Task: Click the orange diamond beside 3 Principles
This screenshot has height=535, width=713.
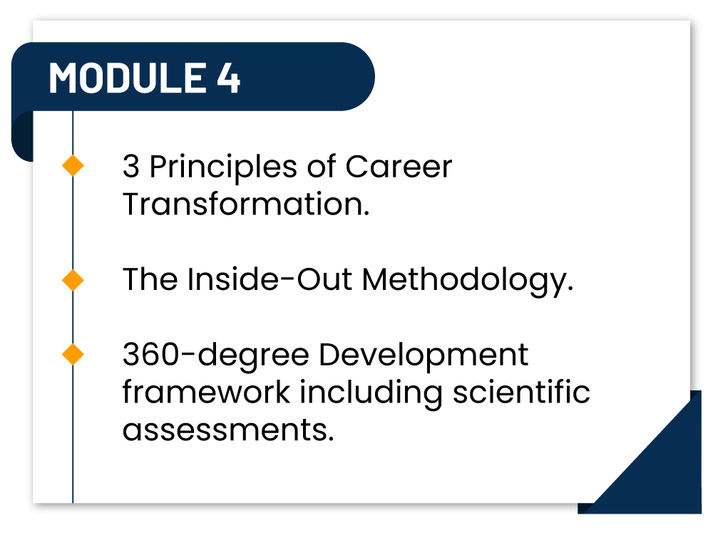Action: click(x=73, y=167)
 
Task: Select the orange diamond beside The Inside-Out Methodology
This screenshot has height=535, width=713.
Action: click(x=73, y=280)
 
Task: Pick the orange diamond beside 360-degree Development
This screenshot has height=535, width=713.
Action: click(x=73, y=354)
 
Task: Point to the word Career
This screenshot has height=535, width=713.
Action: click(x=399, y=167)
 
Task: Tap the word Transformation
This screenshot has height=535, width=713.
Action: click(x=246, y=204)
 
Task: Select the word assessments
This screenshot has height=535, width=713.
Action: click(x=228, y=430)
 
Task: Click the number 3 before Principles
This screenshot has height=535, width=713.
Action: click(x=131, y=167)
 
